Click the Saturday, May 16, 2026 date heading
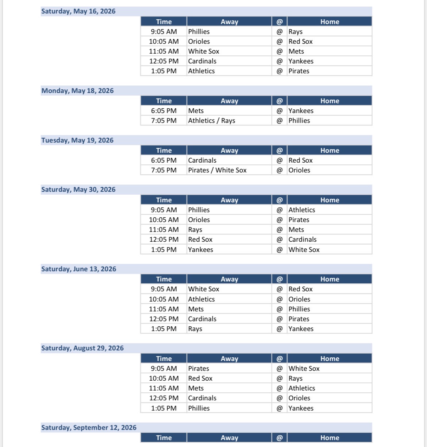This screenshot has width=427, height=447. click(x=78, y=11)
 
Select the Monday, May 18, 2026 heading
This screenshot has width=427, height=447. click(x=77, y=91)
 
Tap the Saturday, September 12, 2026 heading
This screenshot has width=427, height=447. click(x=89, y=427)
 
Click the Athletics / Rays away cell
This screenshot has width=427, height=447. click(x=212, y=121)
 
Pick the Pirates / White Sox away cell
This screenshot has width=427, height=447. click(x=217, y=170)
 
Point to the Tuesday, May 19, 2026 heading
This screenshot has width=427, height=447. click(x=77, y=140)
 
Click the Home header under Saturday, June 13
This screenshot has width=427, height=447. click(x=330, y=279)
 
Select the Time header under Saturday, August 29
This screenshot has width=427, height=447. click(x=164, y=359)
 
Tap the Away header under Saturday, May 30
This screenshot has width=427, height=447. click(x=229, y=200)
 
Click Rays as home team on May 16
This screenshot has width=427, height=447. click(x=296, y=32)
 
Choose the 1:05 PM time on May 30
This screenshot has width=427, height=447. click(x=164, y=250)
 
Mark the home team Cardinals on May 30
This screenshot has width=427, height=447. click(x=303, y=240)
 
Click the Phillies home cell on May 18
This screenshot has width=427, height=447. click(x=299, y=121)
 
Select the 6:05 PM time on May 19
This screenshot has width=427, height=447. click(x=164, y=160)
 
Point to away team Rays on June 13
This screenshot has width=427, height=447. click(x=195, y=329)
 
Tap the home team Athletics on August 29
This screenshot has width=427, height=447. click(x=302, y=388)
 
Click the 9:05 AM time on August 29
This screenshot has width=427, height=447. click(x=164, y=369)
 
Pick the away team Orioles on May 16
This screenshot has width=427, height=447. click(x=199, y=42)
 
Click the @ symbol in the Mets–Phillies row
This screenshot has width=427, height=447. click(x=280, y=309)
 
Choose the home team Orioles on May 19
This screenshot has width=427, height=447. click(x=299, y=170)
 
